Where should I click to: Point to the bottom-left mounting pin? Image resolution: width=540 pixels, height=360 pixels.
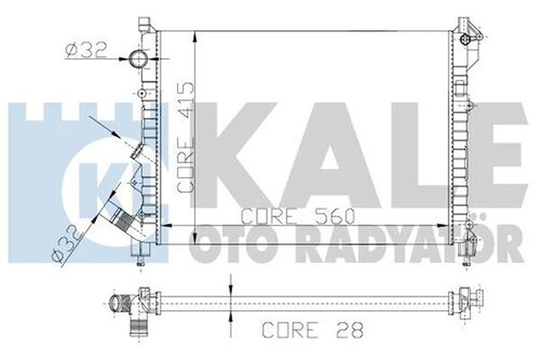coord(140,262)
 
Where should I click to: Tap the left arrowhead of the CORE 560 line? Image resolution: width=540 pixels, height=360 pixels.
coord(166,226)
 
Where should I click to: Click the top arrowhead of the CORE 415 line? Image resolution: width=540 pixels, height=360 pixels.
coord(196,34)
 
